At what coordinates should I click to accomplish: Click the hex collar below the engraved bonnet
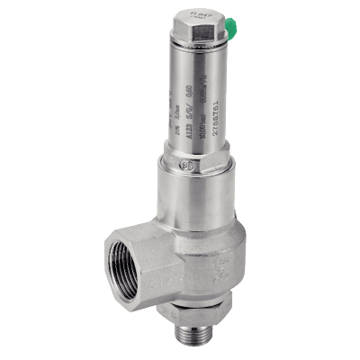point(193,172)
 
